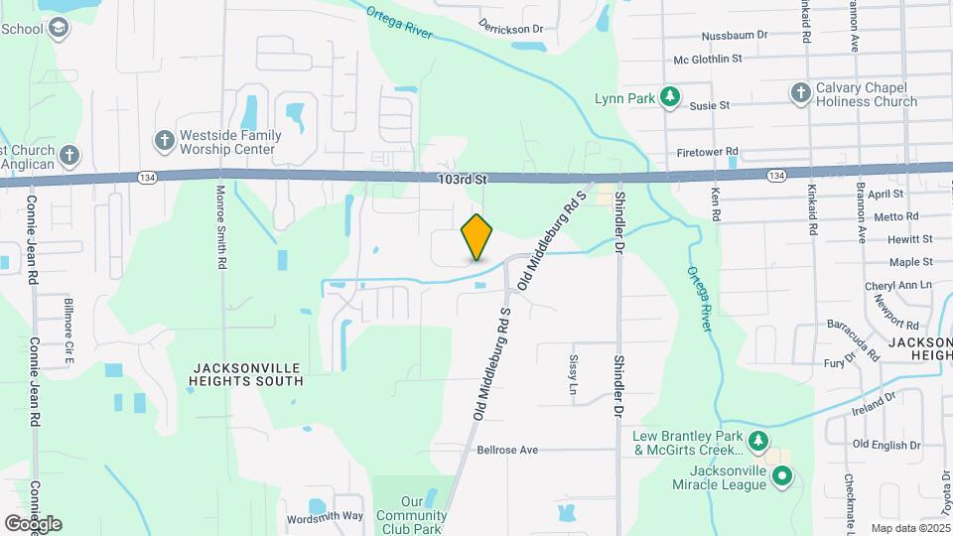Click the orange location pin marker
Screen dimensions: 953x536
[476, 237]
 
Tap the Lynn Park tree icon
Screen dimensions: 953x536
[671, 96]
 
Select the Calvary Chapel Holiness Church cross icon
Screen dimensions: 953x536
[800, 92]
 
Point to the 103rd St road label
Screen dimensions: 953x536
[464, 179]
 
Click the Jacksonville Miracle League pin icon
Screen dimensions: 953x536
[782, 477]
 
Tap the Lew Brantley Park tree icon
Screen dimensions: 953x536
[758, 440]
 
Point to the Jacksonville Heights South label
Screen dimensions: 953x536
[247, 374]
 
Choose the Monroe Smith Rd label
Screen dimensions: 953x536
[221, 227]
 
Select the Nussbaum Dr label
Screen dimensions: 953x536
[735, 35]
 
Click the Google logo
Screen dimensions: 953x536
[33, 523]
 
